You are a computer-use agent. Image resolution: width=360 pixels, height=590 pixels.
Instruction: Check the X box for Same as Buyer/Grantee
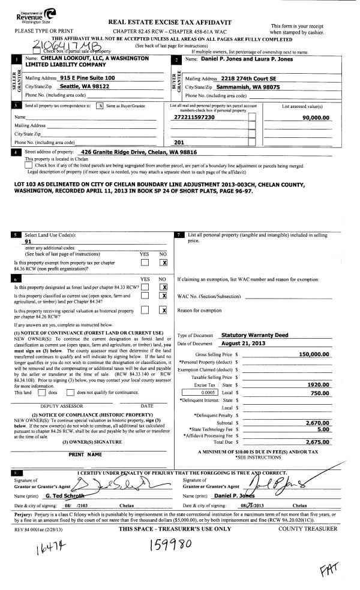pos(100,105)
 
